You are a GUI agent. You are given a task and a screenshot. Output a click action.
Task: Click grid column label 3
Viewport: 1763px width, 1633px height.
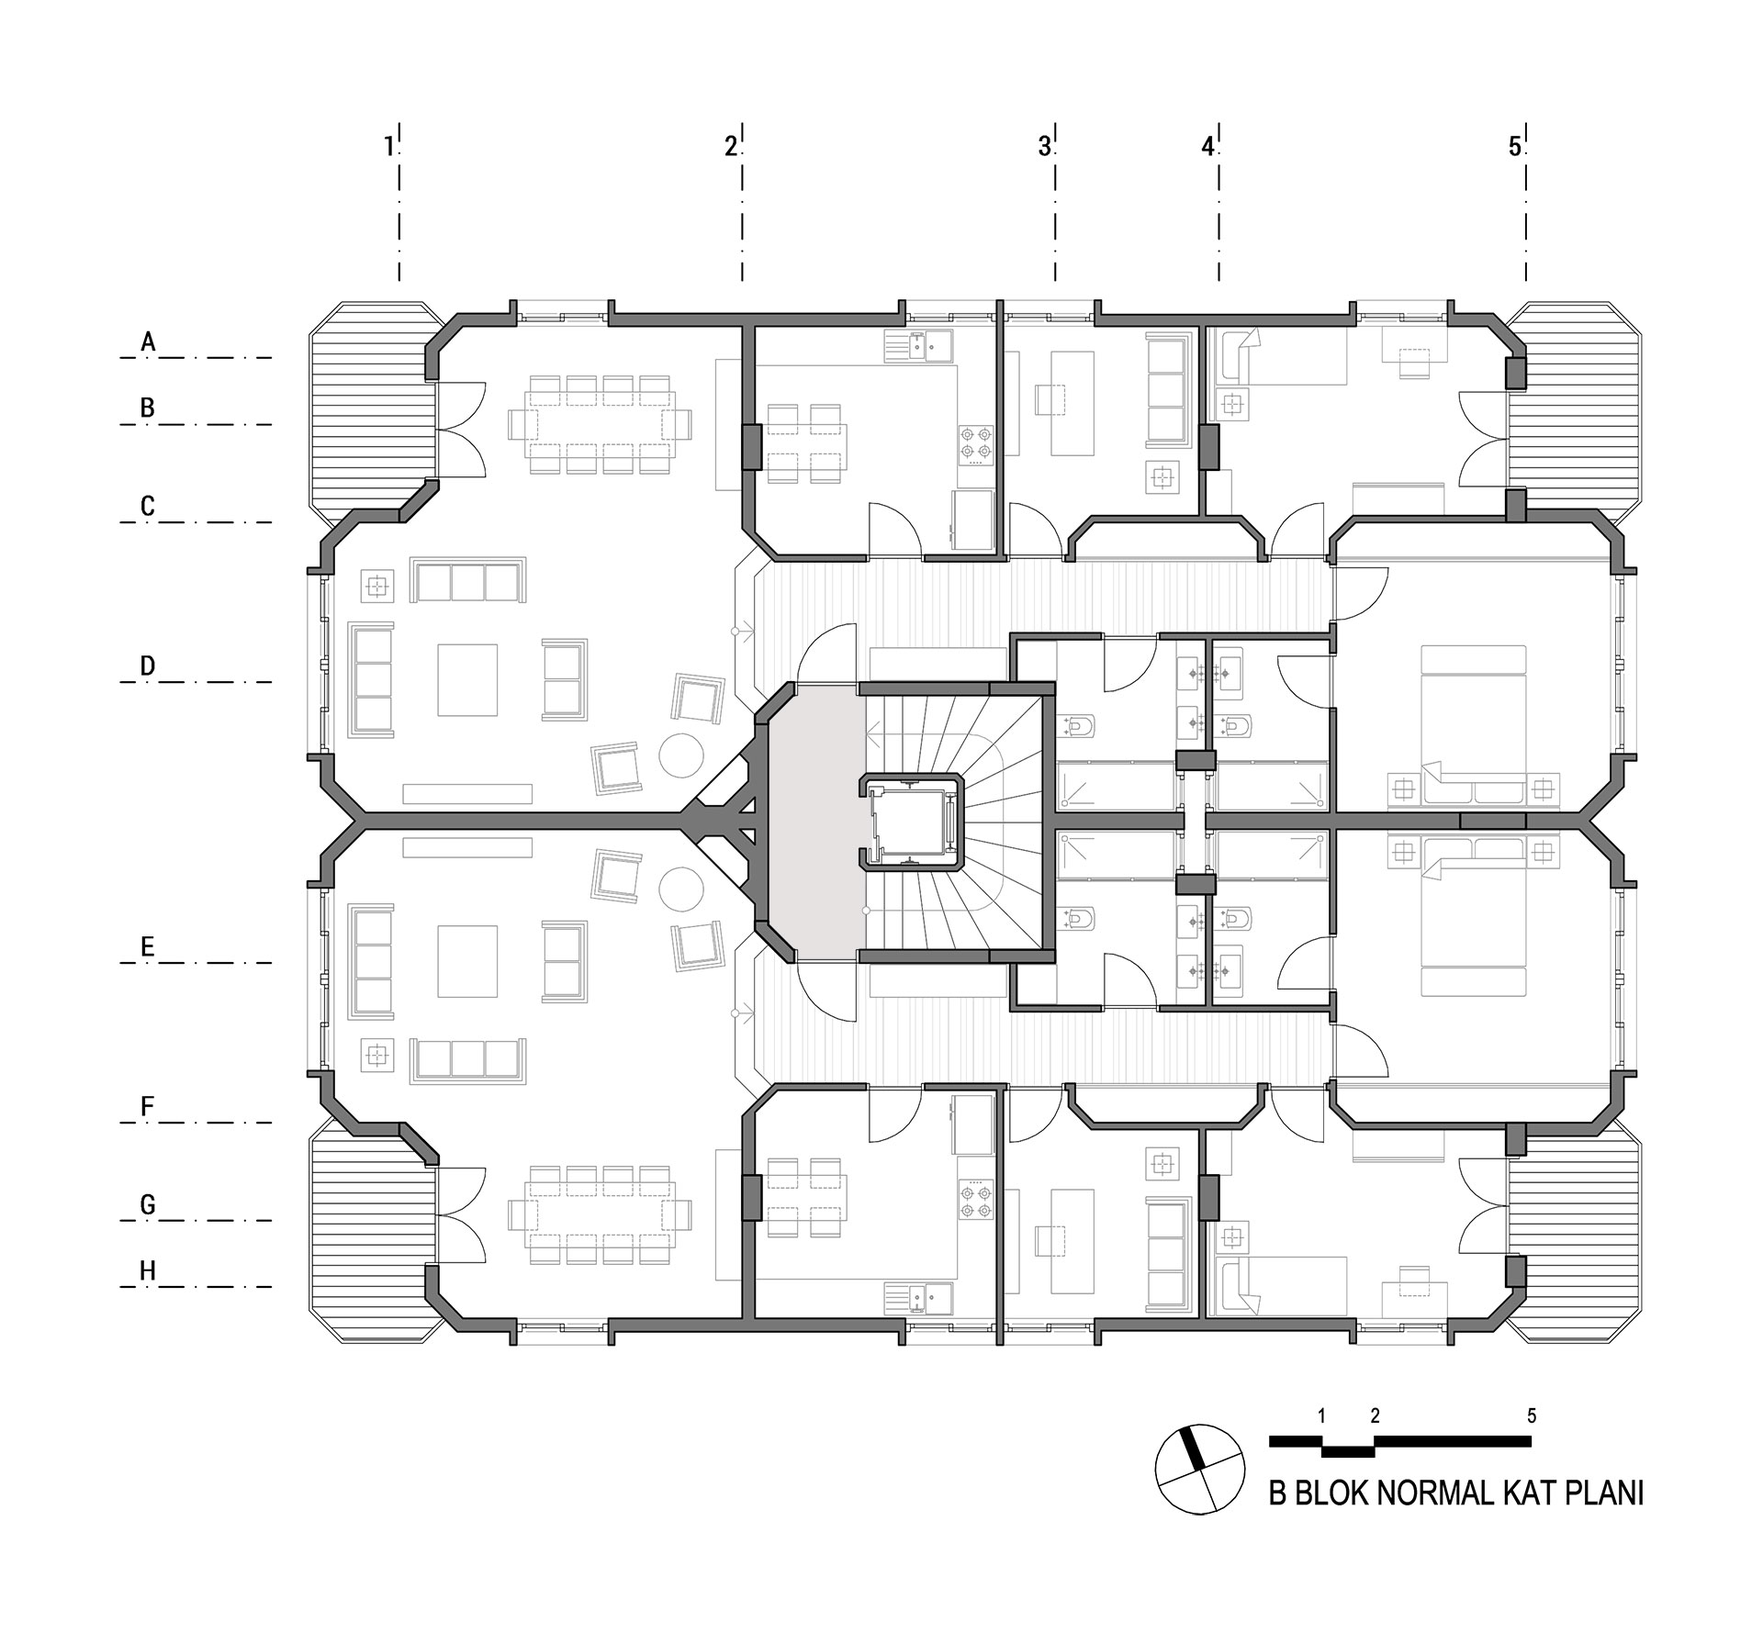point(1044,146)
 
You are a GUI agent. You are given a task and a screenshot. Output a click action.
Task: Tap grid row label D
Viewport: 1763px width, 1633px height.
point(148,666)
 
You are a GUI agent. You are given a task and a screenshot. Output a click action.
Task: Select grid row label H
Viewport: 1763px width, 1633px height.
point(148,1270)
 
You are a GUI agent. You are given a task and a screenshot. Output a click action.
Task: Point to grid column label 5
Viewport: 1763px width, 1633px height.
point(1515,146)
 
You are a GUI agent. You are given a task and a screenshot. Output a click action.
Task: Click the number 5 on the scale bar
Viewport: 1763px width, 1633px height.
point(1532,1415)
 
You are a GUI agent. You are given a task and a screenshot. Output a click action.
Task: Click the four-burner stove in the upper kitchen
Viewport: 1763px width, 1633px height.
point(976,442)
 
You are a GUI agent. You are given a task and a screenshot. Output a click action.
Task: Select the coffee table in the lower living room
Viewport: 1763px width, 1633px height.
point(467,962)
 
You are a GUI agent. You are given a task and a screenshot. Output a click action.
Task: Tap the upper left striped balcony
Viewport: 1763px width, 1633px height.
point(373,408)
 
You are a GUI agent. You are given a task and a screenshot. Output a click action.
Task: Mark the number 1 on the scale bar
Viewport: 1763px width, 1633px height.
point(1322,1415)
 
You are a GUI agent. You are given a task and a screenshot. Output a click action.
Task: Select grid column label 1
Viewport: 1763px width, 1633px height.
point(389,146)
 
